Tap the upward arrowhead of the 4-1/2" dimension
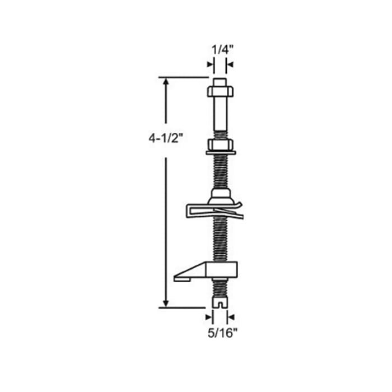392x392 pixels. (x=166, y=82)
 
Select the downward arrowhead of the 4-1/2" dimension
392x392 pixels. (x=166, y=303)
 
